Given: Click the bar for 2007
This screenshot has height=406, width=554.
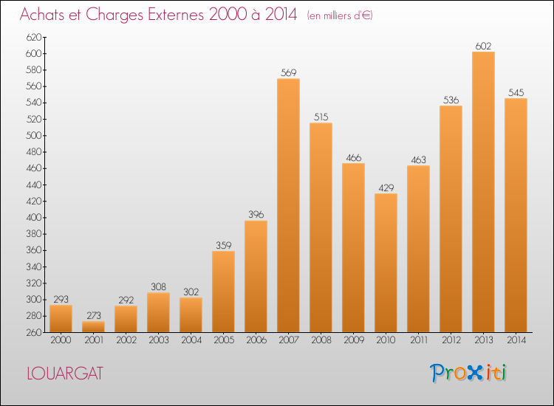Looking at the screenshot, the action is [x=288, y=205].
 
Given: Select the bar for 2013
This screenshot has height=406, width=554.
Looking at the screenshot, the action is [x=483, y=192].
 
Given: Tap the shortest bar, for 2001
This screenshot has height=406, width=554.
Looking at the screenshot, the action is [x=93, y=326].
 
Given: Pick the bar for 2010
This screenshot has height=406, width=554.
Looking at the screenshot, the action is [x=386, y=263].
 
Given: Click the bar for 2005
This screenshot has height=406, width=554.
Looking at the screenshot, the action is [x=223, y=292].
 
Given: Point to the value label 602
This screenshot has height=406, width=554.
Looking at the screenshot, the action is [x=483, y=47].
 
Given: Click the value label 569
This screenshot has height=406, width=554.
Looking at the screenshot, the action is [x=288, y=73].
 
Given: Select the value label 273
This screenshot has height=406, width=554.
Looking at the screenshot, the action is [x=94, y=315].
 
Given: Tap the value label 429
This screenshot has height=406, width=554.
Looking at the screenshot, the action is [x=386, y=187].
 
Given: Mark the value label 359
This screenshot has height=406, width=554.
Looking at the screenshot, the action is [x=223, y=245].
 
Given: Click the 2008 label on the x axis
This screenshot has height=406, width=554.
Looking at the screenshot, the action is [x=321, y=340].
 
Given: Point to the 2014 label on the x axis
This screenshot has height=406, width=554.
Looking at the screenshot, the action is [x=516, y=340].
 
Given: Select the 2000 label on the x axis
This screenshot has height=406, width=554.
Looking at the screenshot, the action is [x=61, y=340].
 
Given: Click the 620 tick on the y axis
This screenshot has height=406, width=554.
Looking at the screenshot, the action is [x=34, y=37].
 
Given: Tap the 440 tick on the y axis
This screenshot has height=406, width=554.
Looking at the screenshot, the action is [x=34, y=185].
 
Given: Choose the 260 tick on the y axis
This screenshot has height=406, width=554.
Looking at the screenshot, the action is [x=34, y=332].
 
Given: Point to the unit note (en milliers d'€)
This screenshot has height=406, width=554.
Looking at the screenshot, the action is [x=340, y=16].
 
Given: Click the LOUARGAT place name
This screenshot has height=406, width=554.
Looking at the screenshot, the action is [x=65, y=374].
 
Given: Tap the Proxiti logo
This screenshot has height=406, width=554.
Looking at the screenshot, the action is [x=468, y=373].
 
